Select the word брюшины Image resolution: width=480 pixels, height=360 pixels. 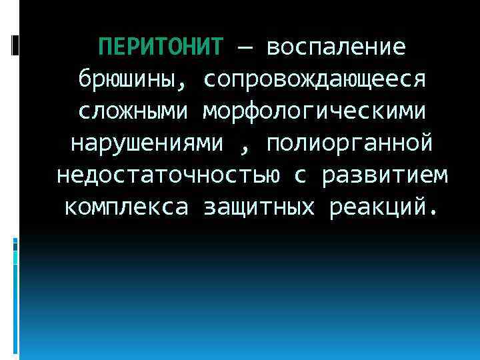point(125,81)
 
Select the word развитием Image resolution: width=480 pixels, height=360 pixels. point(385,175)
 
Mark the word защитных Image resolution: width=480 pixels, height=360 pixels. point(258,207)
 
